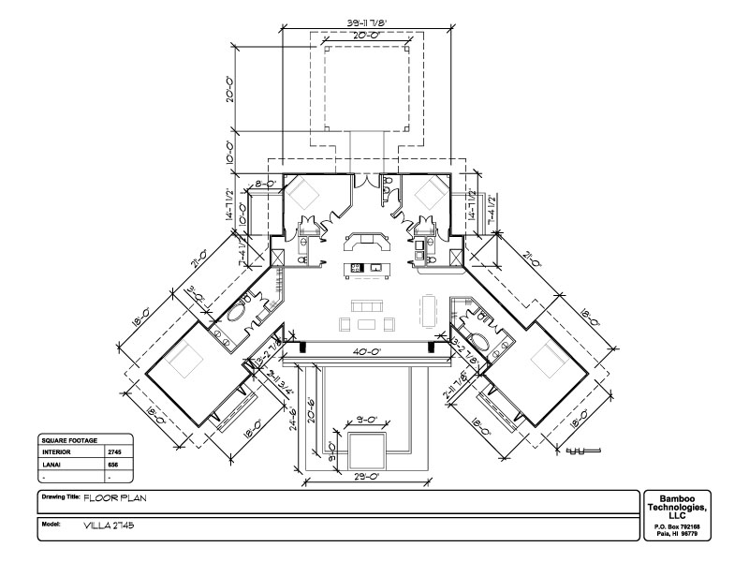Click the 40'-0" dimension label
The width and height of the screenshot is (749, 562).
(366, 352)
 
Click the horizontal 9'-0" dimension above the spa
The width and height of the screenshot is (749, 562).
(366, 420)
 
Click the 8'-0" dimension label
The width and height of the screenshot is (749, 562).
(264, 185)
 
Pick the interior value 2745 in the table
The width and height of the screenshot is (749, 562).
(114, 451)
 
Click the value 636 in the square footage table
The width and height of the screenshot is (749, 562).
(113, 464)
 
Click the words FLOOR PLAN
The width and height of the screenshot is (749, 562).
(116, 499)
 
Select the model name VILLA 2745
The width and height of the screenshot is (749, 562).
(109, 525)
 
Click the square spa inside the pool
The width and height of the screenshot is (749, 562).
(366, 451)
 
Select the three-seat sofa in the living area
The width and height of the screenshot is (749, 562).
(366, 306)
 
